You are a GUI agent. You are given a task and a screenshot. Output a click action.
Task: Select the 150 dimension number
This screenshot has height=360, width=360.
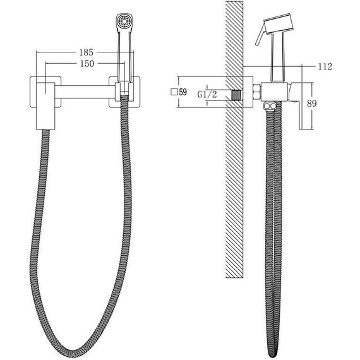coord(88,64)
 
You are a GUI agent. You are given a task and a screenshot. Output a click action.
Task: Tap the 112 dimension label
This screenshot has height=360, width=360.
coord(325,66)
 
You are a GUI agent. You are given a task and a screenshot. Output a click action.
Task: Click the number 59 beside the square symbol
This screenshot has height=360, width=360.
coord(184,92)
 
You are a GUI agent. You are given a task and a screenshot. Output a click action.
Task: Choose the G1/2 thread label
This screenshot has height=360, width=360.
coord(208,94)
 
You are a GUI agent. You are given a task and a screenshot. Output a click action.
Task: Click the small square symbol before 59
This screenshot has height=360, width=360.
coord(174,92)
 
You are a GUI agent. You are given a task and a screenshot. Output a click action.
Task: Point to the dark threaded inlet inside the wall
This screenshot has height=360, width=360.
coord(237,95)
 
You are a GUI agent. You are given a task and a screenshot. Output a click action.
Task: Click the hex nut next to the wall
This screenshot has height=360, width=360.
coord(257,93)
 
